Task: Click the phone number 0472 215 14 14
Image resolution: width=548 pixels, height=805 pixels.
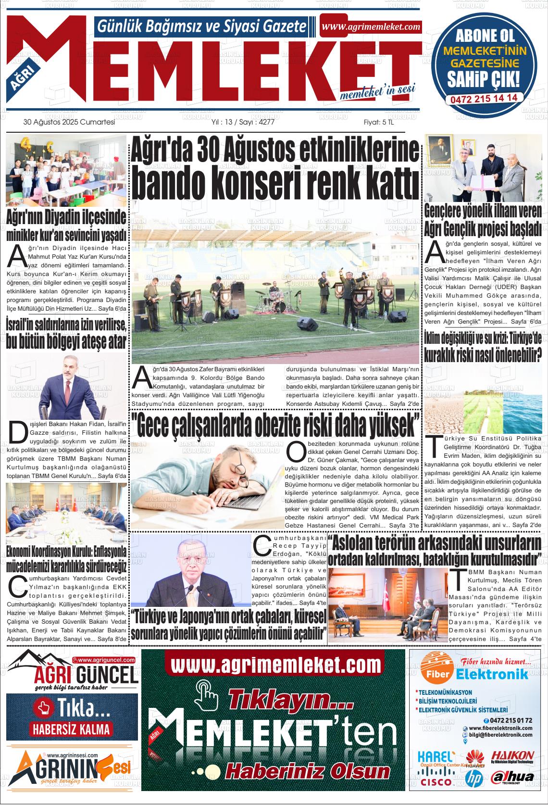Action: pyautogui.click(x=484, y=98)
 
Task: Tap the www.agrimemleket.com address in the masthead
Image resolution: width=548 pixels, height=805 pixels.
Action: pyautogui.click(x=371, y=27)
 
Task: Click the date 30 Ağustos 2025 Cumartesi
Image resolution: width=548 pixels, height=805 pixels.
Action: pyautogui.click(x=69, y=123)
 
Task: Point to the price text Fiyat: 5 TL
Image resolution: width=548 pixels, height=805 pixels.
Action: pyautogui.click(x=378, y=123)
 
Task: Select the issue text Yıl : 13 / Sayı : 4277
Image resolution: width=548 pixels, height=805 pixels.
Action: pyautogui.click(x=243, y=123)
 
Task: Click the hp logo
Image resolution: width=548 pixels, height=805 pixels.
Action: pyautogui.click(x=474, y=778)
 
